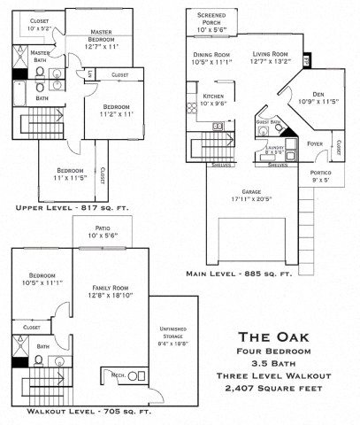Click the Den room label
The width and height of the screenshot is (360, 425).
click(317, 94)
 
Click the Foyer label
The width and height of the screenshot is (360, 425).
click(314, 142)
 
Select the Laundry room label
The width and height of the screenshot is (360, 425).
click(277, 147)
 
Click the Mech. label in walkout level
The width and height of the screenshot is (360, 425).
click(116, 376)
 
